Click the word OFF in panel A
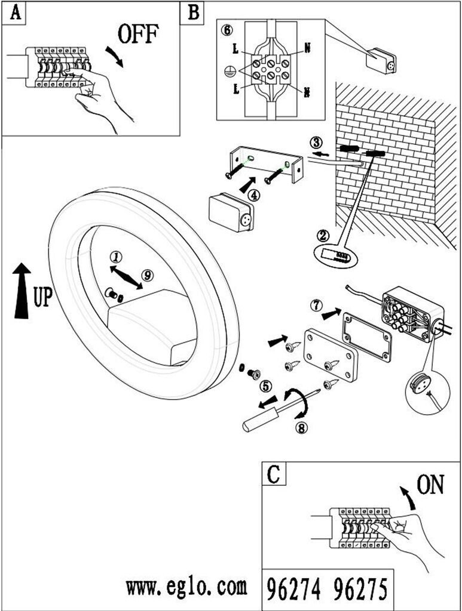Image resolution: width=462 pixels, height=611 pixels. click(138, 35)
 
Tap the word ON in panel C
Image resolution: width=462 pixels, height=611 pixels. click(431, 486)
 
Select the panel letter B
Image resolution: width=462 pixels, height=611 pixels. click(193, 13)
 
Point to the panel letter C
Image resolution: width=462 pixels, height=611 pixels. click(274, 474)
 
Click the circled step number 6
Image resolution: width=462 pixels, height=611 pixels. click(225, 30)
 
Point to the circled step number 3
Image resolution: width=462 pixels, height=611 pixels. click(317, 143)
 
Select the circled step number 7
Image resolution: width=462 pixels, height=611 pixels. click(317, 305)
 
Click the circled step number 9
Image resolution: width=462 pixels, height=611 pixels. click(148, 275)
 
